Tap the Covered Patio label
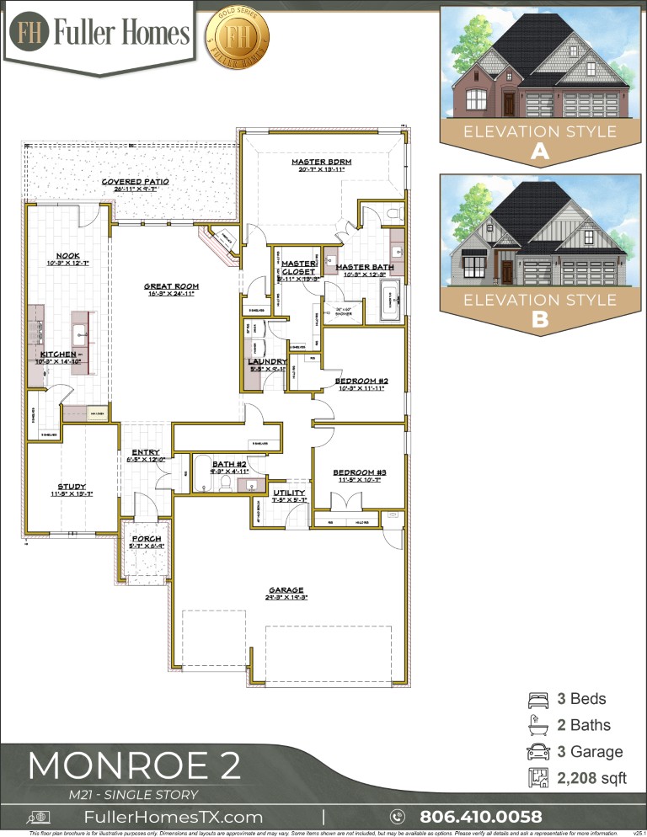pyautogui.click(x=135, y=181)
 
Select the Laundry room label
pyautogui.click(x=267, y=362)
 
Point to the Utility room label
pyautogui.click(x=289, y=493)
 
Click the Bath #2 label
pyautogui.click(x=228, y=464)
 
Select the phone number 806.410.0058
pyautogui.click(x=480, y=816)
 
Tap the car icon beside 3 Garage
pyautogui.click(x=536, y=752)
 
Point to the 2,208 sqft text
pyautogui.click(x=591, y=779)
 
